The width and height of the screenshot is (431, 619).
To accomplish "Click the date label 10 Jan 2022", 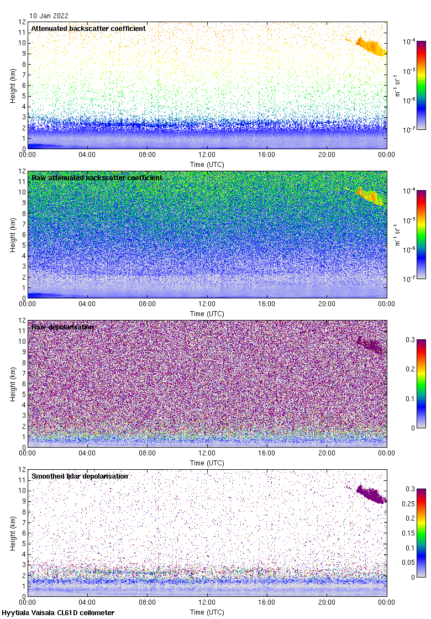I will [49, 16].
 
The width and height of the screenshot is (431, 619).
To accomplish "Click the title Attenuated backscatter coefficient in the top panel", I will [88, 28].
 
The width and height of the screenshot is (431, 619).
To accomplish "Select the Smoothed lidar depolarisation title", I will [80, 476].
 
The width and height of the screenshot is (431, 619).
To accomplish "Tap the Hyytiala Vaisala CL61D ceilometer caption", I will [58, 612].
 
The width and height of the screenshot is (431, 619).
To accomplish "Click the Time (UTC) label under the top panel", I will [207, 164].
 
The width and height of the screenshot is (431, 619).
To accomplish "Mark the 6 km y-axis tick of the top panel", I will [23, 86].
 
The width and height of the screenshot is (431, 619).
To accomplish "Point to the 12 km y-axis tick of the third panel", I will [22, 321].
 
